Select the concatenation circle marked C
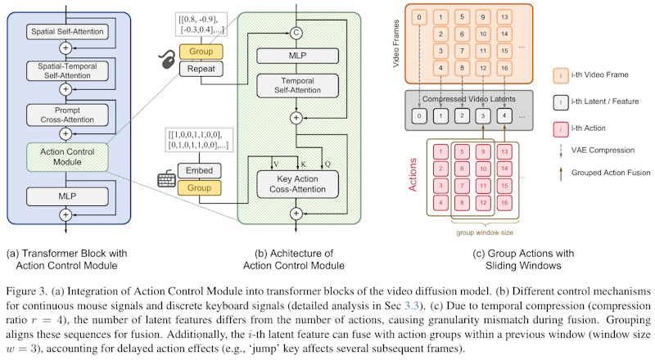point(296,33)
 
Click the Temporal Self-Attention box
point(296,88)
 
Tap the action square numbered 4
point(441,202)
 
